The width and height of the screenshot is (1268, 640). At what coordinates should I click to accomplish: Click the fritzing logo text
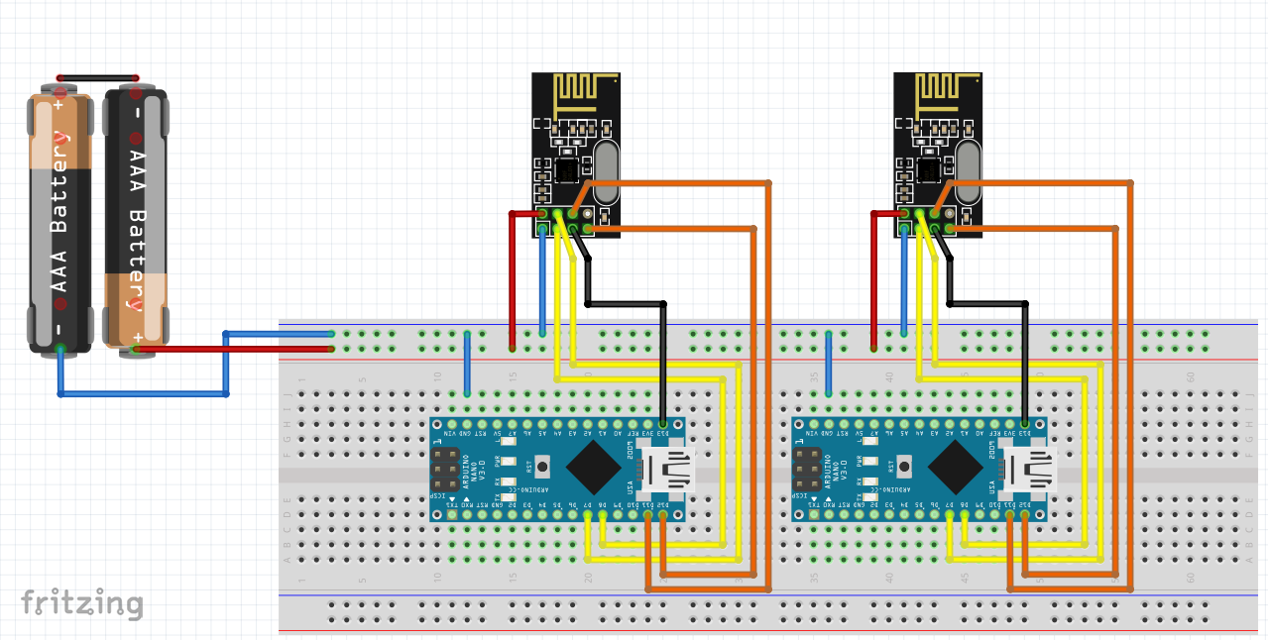(x=82, y=602)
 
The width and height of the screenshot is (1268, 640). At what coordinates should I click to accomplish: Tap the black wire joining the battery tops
(x=97, y=77)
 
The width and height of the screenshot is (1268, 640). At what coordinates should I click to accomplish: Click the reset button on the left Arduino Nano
(x=529, y=465)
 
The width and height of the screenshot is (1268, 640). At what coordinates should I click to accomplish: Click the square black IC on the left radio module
(x=568, y=170)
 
